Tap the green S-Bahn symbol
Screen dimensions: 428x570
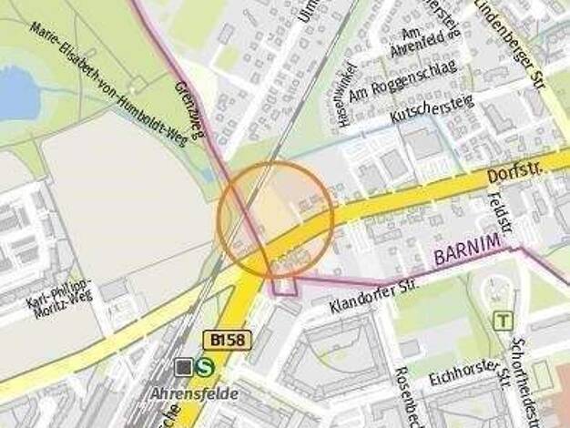coord(207,366)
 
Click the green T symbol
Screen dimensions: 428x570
coord(502,321)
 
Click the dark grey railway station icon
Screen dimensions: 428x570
coord(185,366)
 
